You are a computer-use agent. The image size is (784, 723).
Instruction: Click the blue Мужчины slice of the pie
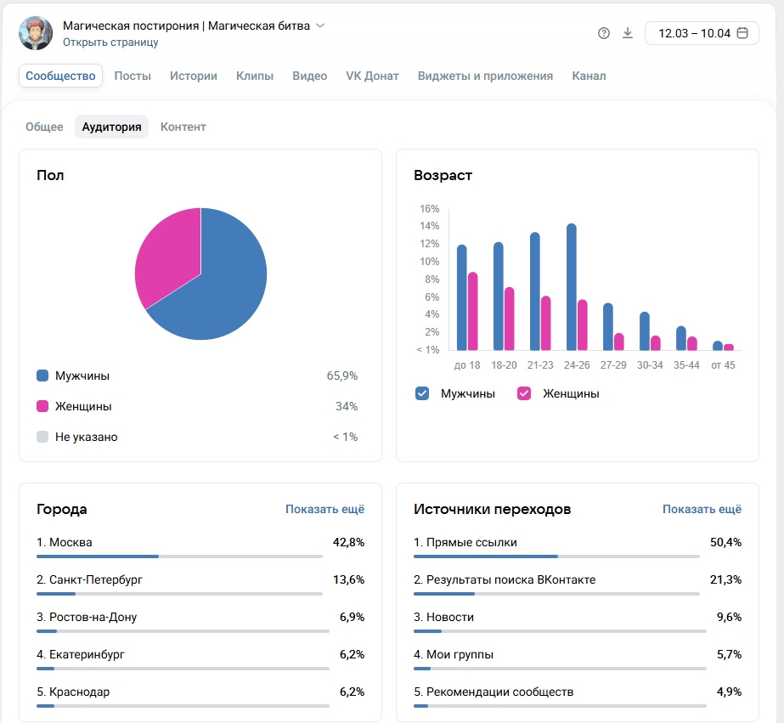[221, 289]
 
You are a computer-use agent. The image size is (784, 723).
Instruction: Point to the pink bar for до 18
[473, 311]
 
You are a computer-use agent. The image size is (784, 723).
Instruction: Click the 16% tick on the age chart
[429, 209]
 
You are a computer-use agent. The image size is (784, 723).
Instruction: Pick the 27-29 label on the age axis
[613, 365]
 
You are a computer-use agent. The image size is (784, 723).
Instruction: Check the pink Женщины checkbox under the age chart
[524, 393]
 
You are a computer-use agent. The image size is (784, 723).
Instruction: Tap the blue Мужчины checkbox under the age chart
[422, 393]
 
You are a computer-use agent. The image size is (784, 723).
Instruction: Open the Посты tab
[133, 76]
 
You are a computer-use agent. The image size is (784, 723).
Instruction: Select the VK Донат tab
[372, 76]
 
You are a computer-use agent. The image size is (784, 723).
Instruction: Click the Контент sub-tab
[183, 127]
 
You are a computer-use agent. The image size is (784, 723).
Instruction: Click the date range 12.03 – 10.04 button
[702, 33]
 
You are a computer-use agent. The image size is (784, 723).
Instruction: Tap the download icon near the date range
[628, 33]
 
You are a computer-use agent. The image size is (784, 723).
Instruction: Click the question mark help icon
[604, 33]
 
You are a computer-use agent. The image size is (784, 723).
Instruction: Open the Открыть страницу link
[110, 42]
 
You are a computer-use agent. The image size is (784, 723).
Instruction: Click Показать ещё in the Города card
[324, 509]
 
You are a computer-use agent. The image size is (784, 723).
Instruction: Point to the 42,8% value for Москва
[349, 542]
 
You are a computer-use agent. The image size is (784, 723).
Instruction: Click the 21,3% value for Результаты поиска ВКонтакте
[725, 579]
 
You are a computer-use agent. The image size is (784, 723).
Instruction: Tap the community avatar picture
[36, 33]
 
